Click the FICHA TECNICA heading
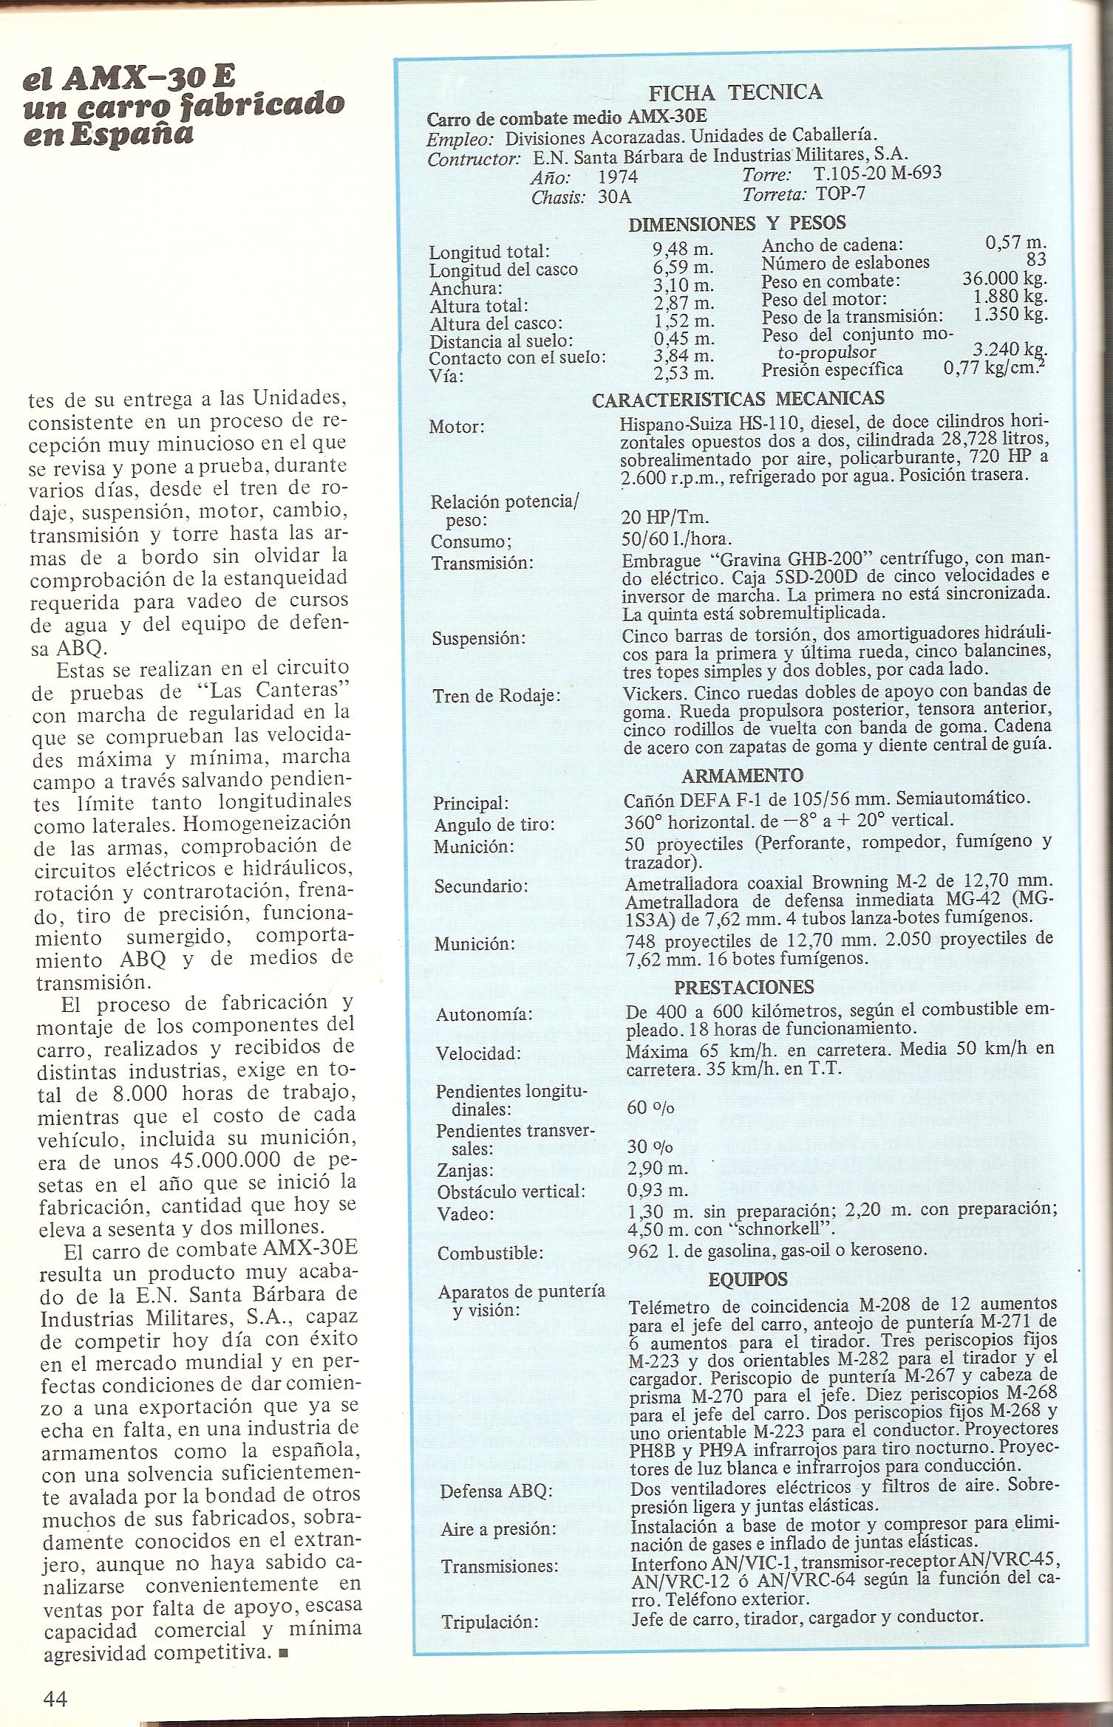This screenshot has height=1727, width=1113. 735,92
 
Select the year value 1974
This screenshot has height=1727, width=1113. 617,177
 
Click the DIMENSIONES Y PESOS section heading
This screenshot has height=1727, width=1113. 737,223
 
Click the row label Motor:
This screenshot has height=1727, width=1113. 457,427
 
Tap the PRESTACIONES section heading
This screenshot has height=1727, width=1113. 743,988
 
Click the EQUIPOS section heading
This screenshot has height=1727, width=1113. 748,1279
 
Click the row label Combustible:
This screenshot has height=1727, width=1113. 490,1254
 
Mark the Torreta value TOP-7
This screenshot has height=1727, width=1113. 840,194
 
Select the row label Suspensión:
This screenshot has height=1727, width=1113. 478,638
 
